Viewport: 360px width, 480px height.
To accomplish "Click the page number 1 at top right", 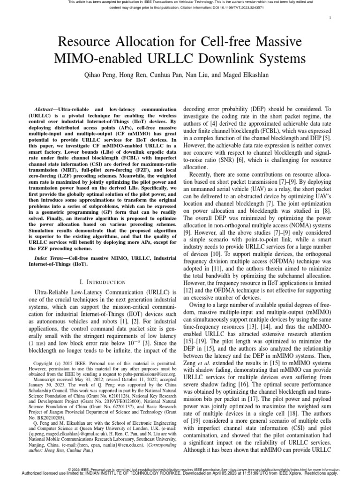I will point(330,18).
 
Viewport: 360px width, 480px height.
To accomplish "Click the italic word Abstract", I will point(50,108).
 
